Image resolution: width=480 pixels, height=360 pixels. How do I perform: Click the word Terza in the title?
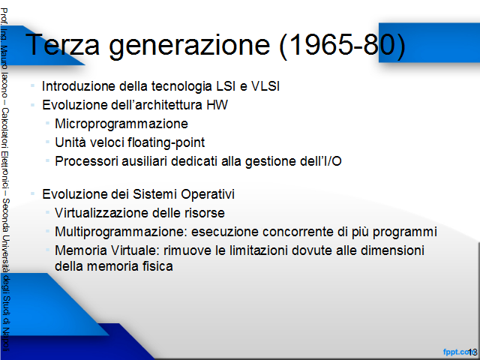point(62,44)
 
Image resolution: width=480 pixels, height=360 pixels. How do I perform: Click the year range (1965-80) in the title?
point(343,46)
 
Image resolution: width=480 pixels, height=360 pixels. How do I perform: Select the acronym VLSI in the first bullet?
point(265,86)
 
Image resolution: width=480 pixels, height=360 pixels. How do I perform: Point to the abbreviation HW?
point(217,105)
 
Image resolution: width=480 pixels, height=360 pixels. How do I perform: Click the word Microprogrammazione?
point(121,124)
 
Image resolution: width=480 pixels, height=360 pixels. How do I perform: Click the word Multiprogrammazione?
point(121,232)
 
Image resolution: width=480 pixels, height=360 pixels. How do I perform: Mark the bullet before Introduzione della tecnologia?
point(32,85)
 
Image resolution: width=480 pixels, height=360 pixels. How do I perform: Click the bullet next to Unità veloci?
point(47,142)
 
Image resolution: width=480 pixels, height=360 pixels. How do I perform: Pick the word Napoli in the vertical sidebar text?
point(5,340)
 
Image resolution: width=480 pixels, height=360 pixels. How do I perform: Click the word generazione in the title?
point(190,46)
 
